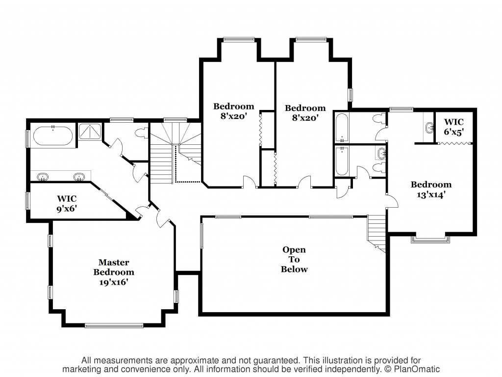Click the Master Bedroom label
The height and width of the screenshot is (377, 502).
tap(114, 268)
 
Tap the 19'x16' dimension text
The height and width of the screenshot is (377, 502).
tap(114, 282)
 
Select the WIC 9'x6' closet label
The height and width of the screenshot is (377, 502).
tap(67, 204)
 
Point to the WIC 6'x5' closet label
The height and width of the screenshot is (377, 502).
tap(453, 127)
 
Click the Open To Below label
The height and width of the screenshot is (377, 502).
tap(294, 259)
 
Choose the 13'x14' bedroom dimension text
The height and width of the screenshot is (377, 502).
tap(431, 194)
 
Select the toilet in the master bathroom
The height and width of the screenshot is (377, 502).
tap(142, 133)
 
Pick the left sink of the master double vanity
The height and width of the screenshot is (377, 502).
tap(43, 177)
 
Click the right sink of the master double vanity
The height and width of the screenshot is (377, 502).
tap(79, 177)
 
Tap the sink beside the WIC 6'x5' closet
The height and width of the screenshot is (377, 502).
tap(429, 129)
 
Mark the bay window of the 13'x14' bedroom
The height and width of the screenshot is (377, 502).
tap(430, 239)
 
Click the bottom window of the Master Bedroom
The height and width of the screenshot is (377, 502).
tap(114, 326)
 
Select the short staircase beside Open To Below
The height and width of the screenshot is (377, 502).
tap(377, 232)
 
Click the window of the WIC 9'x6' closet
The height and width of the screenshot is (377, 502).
tap(27, 201)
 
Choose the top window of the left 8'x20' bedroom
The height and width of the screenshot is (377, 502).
tap(239, 39)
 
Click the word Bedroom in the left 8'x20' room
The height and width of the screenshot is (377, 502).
tap(234, 106)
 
